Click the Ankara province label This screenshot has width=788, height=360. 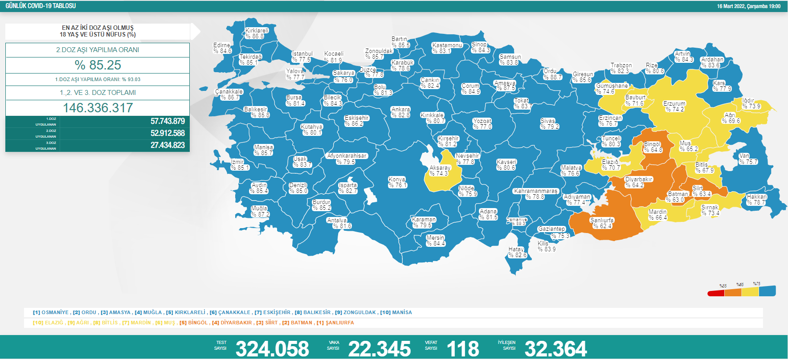point(400,112)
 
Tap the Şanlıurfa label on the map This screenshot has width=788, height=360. point(602,223)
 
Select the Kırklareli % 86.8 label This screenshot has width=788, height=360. point(257,33)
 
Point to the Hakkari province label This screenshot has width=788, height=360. point(756,200)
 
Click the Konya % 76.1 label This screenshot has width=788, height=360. point(397,182)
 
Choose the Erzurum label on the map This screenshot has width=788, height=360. point(674,106)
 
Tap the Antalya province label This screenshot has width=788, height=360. point(338,223)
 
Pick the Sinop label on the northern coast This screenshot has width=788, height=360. point(480,47)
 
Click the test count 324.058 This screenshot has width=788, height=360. point(272,348)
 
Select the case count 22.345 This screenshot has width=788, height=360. point(380,348)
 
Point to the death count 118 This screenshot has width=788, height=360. point(463,348)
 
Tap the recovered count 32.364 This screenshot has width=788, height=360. point(555,348)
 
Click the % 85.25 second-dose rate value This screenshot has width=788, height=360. point(98,65)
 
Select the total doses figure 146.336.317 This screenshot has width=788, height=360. point(98,108)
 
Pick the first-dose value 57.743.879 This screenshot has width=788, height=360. point(167,121)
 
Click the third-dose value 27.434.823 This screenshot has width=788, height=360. point(167,145)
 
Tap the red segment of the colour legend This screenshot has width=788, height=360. point(715,293)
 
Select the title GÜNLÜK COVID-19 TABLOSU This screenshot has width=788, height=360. point(41,6)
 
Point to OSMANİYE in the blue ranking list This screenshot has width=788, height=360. point(55,312)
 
